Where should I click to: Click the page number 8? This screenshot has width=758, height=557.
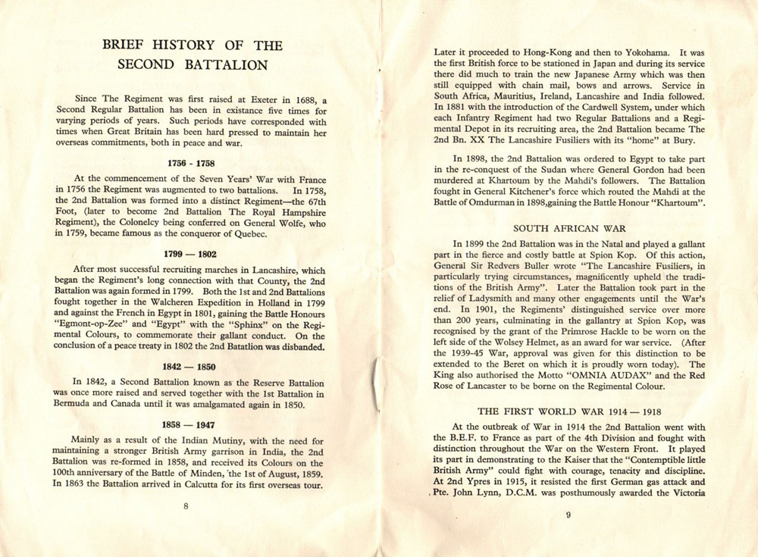[x=185, y=507]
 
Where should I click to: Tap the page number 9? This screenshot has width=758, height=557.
[x=568, y=516]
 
